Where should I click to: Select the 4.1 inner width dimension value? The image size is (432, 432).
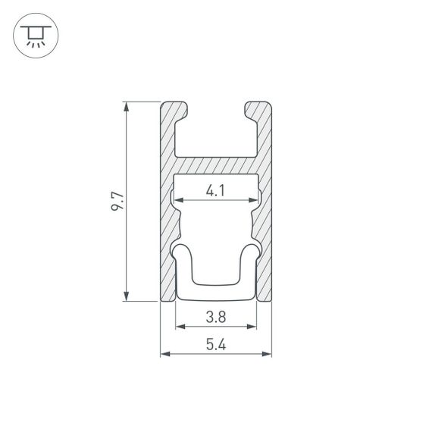[x=216, y=192]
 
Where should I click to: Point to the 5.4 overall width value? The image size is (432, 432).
[x=216, y=345]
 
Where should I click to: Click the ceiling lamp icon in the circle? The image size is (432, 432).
[x=35, y=35]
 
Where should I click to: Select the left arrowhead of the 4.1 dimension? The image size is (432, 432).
[x=179, y=200]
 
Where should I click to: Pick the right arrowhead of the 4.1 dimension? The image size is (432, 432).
[x=254, y=200]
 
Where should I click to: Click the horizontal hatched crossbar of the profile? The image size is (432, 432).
[x=216, y=166]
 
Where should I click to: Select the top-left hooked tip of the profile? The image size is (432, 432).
[x=182, y=111]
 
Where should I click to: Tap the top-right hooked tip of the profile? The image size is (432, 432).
[x=250, y=111]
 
